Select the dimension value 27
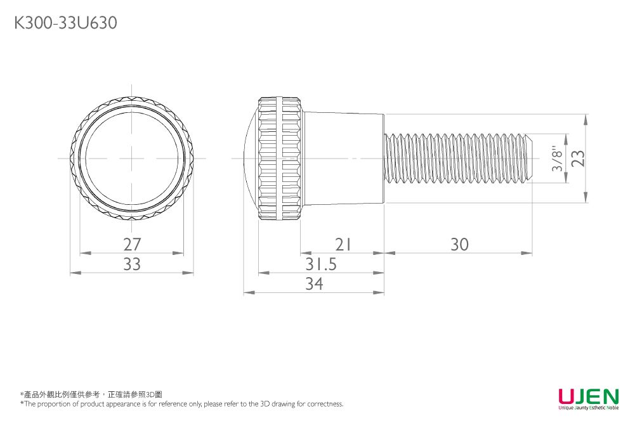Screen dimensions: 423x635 (132, 244)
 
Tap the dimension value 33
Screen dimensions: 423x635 (132, 264)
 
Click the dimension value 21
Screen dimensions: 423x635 (343, 244)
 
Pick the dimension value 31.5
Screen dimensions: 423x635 (321, 264)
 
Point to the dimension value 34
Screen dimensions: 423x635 (313, 284)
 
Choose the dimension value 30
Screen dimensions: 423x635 (459, 244)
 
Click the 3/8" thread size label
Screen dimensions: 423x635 (558, 159)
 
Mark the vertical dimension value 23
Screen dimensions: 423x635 (578, 159)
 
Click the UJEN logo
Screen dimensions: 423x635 (588, 396)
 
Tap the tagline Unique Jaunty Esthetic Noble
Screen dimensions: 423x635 (588, 408)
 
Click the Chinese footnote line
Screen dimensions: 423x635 (91, 394)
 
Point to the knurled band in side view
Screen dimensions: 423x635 (279, 159)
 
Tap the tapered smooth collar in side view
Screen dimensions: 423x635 (343, 159)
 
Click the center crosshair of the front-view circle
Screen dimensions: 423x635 (132, 159)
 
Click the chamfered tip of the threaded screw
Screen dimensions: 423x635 (528, 159)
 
